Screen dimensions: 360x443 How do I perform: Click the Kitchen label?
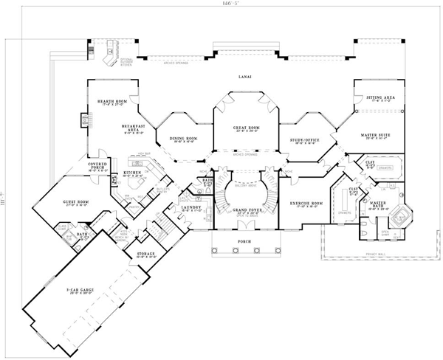[x=131, y=174]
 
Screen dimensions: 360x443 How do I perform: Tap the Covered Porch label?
[x=99, y=167]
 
